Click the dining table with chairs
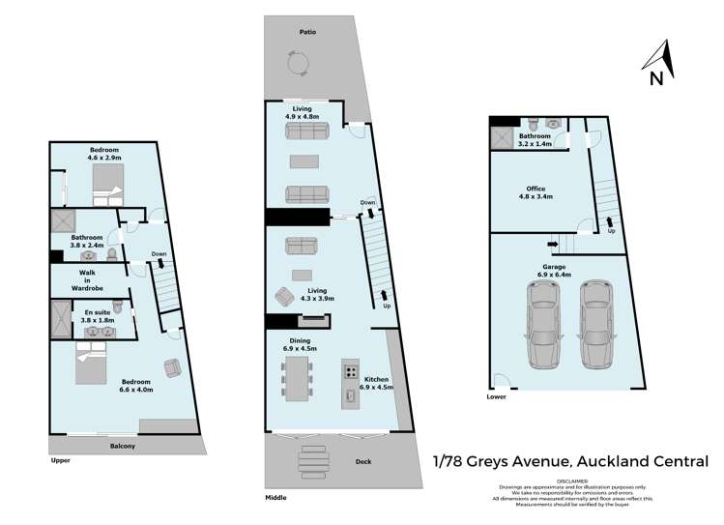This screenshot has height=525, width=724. coord(296,378)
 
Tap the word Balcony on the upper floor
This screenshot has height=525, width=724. coord(122,446)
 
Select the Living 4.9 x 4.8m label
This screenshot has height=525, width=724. coord(303,112)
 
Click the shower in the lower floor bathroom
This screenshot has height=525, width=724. coord(503,138)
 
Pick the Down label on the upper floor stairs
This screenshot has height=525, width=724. coord(159,255)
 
